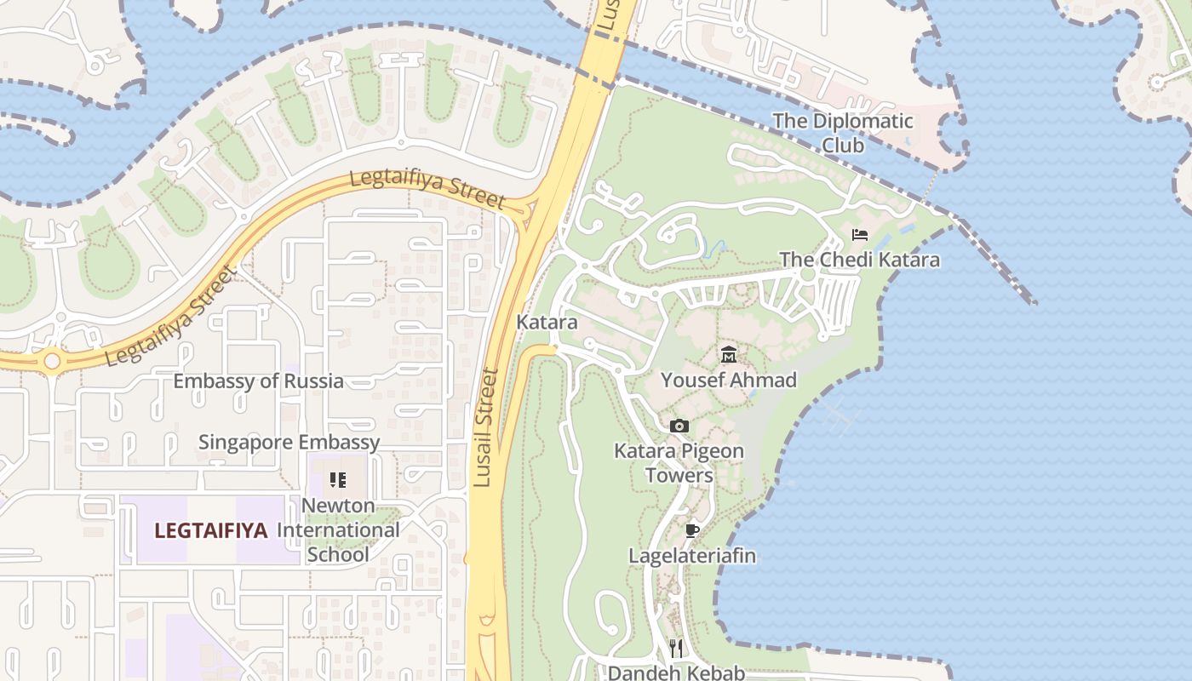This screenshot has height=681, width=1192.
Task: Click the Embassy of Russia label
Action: pos(258,381)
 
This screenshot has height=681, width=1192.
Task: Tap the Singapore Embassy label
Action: pos(289,442)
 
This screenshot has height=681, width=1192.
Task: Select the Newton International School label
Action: pos(338,529)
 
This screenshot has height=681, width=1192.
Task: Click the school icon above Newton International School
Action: pos(338,480)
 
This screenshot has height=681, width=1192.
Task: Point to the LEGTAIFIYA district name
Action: pos(210,530)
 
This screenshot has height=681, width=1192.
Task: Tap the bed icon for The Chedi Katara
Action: pos(859,234)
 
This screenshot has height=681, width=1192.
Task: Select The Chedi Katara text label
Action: pos(859,260)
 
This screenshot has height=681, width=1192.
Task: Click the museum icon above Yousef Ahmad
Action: pos(729,354)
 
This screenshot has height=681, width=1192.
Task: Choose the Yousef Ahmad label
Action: pos(729,380)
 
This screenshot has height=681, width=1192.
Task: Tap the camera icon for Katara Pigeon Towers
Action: pos(679,426)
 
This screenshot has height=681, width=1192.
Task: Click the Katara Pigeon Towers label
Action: pos(679,462)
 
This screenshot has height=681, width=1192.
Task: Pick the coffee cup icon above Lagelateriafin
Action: pos(692,530)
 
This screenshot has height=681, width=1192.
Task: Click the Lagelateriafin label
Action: pos(692,556)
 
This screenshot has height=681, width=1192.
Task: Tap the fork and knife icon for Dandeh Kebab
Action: pos(676,648)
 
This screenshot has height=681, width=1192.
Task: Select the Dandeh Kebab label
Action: pos(676,672)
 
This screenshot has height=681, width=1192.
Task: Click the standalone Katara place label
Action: pos(547,323)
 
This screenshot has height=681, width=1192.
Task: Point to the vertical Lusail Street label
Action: pos(485,427)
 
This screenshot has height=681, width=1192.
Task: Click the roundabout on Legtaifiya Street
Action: pos(52,361)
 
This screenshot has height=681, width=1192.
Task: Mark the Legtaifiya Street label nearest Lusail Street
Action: pos(427,190)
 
